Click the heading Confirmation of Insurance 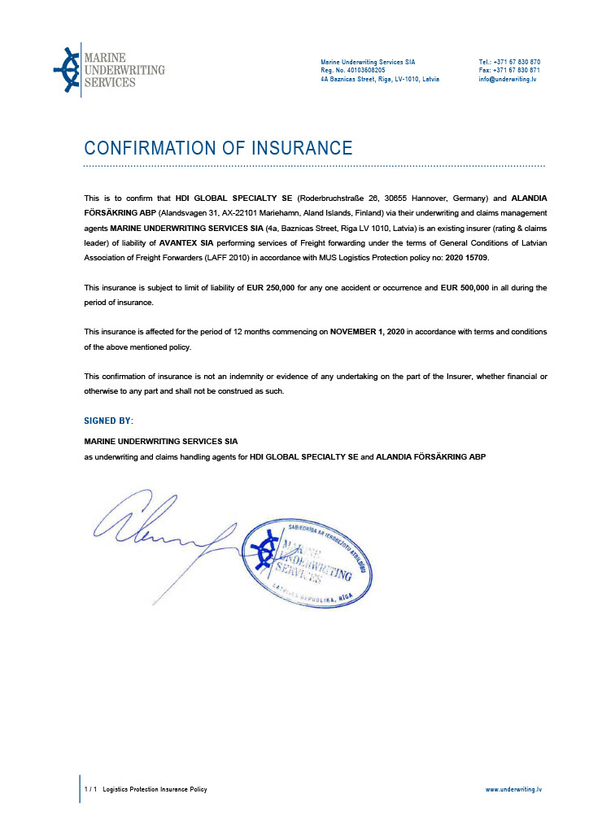[218, 148]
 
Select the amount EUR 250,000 [272, 288]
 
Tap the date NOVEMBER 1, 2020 [368, 332]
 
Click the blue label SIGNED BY [108, 421]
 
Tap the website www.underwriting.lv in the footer [513, 789]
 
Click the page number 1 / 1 [91, 789]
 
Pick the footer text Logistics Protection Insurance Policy [155, 789]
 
